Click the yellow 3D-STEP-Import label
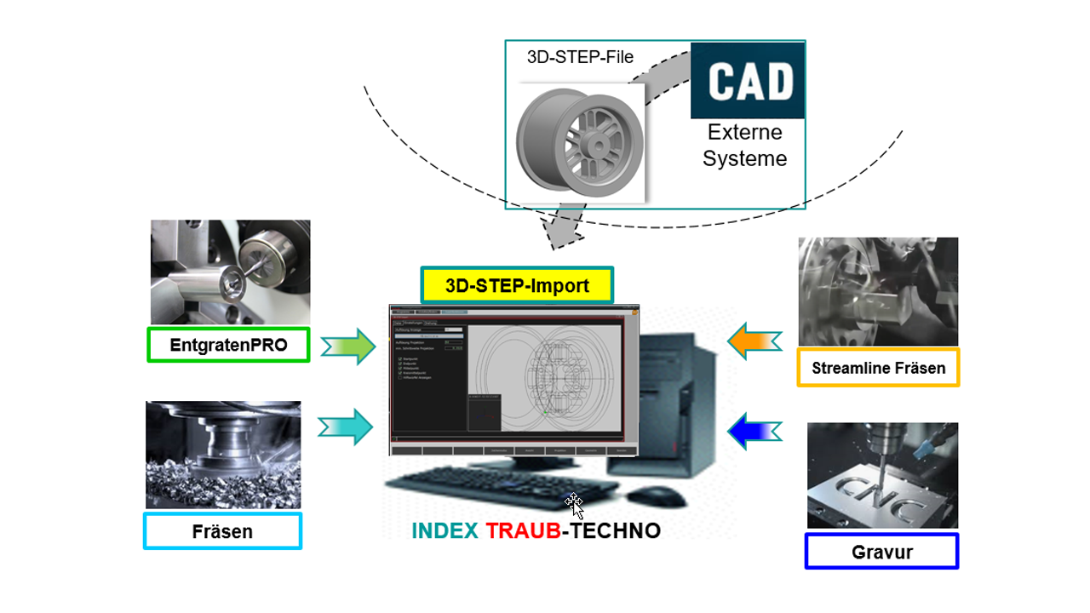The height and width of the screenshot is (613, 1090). [517, 286]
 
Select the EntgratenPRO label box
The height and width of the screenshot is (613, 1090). [228, 345]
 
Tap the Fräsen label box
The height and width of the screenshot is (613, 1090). [222, 531]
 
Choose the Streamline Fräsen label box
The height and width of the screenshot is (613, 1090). [878, 368]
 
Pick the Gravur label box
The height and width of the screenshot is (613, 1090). [881, 552]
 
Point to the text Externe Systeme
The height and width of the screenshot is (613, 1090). [745, 146]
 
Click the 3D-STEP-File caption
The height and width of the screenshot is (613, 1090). [580, 58]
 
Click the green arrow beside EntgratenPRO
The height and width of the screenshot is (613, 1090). [347, 346]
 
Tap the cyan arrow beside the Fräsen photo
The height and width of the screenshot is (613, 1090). [346, 427]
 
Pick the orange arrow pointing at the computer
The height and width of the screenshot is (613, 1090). [754, 341]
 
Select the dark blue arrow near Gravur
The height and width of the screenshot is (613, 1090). [754, 429]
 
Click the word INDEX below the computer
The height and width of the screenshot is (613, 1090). [445, 531]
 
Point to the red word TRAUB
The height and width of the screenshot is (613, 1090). [523, 531]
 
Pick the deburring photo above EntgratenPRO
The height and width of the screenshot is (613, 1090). [230, 272]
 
